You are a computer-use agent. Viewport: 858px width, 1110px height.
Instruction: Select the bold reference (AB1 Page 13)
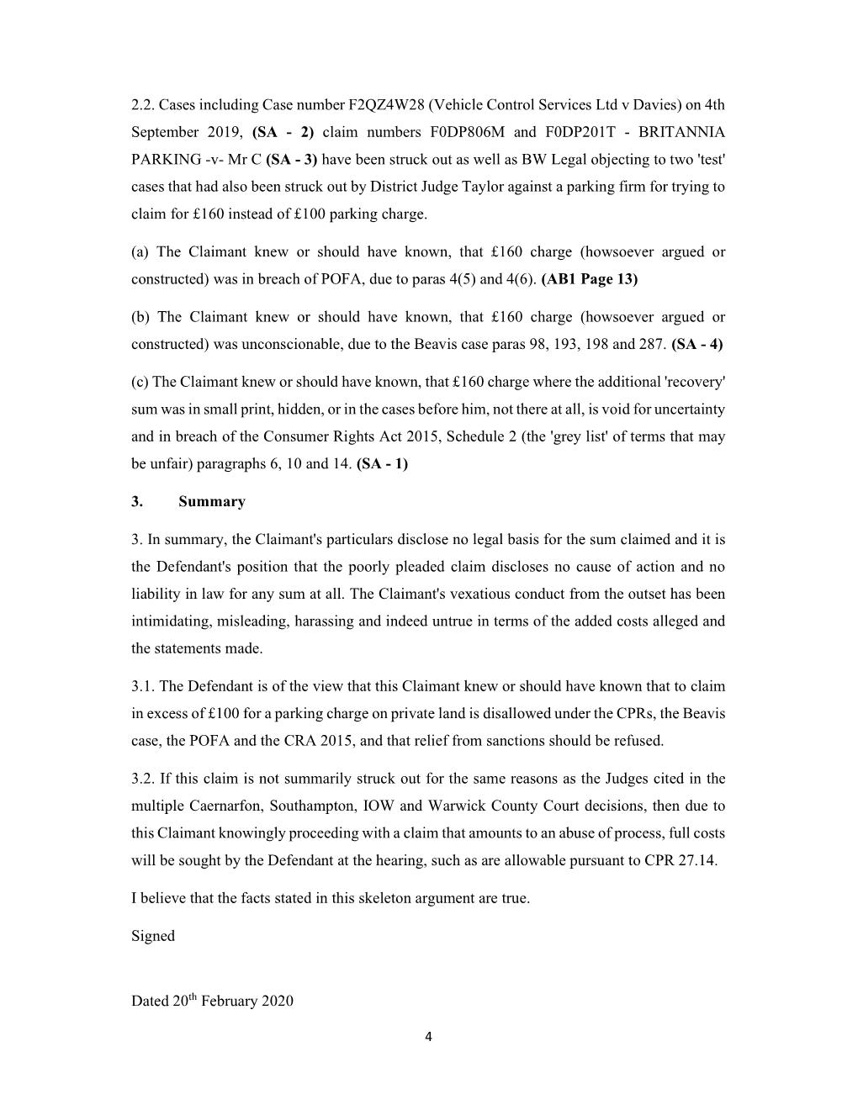[590, 279]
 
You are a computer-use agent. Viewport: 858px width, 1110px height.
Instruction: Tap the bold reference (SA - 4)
[697, 344]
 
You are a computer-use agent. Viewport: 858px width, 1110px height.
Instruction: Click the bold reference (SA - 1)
[382, 463]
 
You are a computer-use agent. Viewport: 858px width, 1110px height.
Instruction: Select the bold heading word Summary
[212, 501]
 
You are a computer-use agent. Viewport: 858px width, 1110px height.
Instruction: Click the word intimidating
[171, 621]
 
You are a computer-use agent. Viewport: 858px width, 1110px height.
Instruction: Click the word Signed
[153, 936]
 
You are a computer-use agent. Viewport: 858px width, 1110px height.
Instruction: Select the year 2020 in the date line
[277, 1001]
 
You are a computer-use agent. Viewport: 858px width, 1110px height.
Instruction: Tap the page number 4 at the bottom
[428, 1037]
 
